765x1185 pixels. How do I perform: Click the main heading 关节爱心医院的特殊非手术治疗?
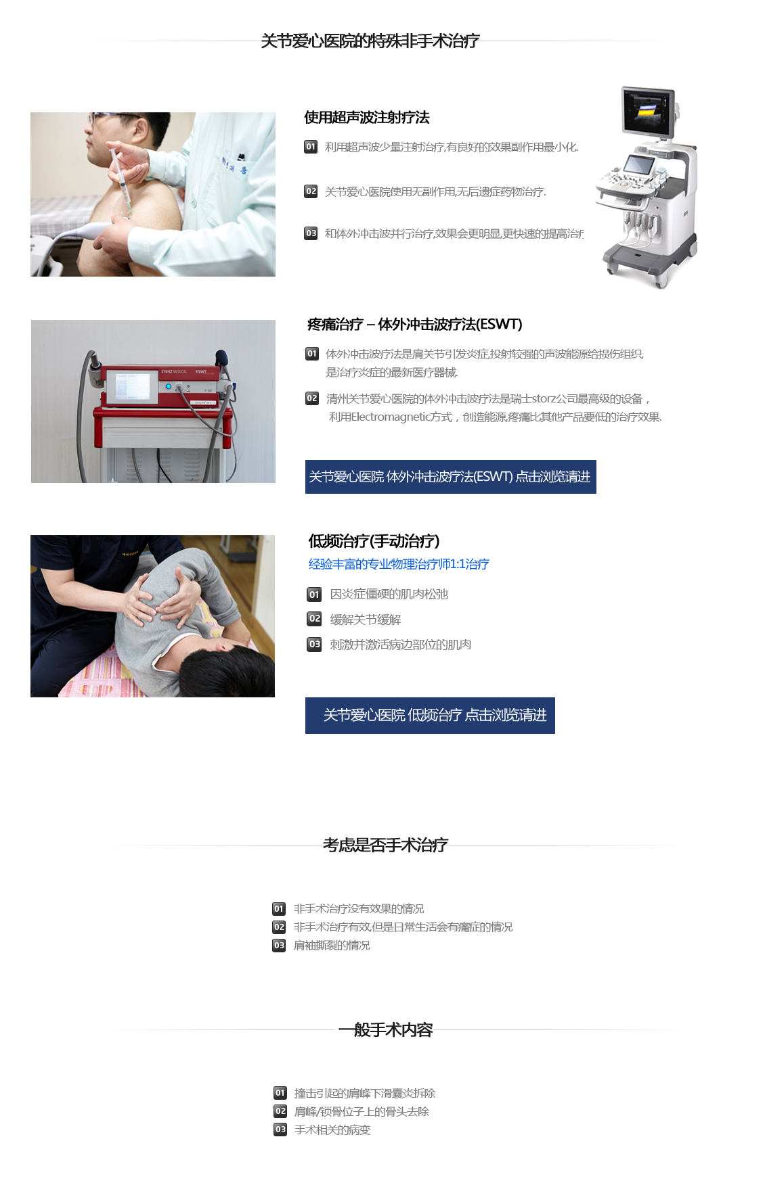pyautogui.click(x=370, y=41)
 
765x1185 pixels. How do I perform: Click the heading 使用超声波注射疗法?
pyautogui.click(x=367, y=118)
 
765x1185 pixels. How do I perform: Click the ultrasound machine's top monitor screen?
pyautogui.click(x=648, y=110)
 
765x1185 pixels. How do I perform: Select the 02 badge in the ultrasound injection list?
pyautogui.click(x=311, y=191)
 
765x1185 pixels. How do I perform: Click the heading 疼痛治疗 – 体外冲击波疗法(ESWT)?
pyautogui.click(x=414, y=325)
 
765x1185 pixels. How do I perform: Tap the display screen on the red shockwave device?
pyautogui.click(x=132, y=386)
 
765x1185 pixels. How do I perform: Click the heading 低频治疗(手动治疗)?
pyautogui.click(x=374, y=541)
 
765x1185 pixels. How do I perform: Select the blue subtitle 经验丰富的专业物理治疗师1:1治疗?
pyautogui.click(x=399, y=564)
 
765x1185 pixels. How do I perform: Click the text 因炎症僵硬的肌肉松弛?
pyautogui.click(x=389, y=595)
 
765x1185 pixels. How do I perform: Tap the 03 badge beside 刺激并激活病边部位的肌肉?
pyautogui.click(x=315, y=645)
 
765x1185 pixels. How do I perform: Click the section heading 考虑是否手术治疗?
pyautogui.click(x=385, y=845)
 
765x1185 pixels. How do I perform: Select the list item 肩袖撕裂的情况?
pyautogui.click(x=332, y=946)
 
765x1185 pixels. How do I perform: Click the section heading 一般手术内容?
pyautogui.click(x=385, y=1029)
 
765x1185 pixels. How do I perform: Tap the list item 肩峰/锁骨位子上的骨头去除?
pyautogui.click(x=362, y=1111)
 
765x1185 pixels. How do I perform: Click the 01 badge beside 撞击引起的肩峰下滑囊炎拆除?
pyautogui.click(x=280, y=1093)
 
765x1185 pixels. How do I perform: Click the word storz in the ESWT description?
pyautogui.click(x=544, y=399)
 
